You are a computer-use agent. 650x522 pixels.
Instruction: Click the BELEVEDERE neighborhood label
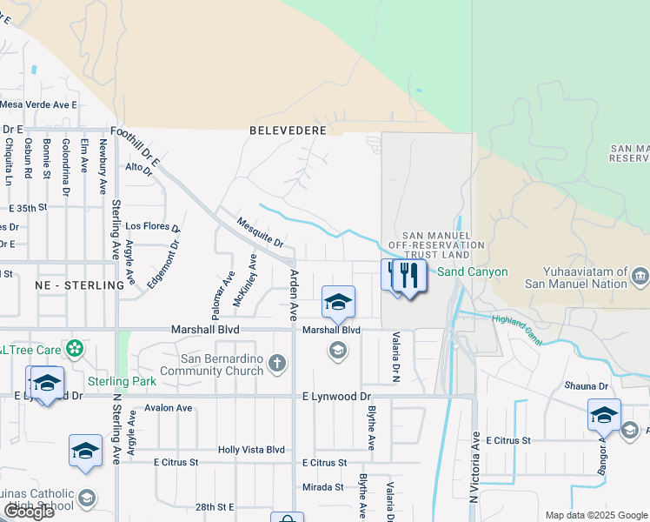tap(288, 130)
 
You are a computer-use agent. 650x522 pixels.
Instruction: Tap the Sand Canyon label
tap(472, 272)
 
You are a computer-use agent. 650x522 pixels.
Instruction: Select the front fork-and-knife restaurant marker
tap(409, 277)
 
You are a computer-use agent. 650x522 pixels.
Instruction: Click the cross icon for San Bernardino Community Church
tap(277, 363)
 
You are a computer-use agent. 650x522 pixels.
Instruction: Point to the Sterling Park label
tap(122, 381)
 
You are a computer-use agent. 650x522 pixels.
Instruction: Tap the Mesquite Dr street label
tap(260, 231)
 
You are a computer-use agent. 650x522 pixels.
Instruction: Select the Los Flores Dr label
tap(153, 226)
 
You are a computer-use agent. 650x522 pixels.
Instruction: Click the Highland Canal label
tap(517, 330)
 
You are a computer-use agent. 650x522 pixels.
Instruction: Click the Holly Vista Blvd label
tap(251, 450)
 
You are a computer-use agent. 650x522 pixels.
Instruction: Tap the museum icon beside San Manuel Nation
tap(640, 278)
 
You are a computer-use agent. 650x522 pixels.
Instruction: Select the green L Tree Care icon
tap(76, 350)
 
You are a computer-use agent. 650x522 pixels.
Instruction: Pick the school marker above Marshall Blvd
tap(338, 302)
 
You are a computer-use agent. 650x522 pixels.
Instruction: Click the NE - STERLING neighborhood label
tap(80, 285)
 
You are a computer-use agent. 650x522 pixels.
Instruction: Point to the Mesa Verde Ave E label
tap(38, 104)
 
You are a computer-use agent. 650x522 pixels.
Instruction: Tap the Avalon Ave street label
tap(169, 407)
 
